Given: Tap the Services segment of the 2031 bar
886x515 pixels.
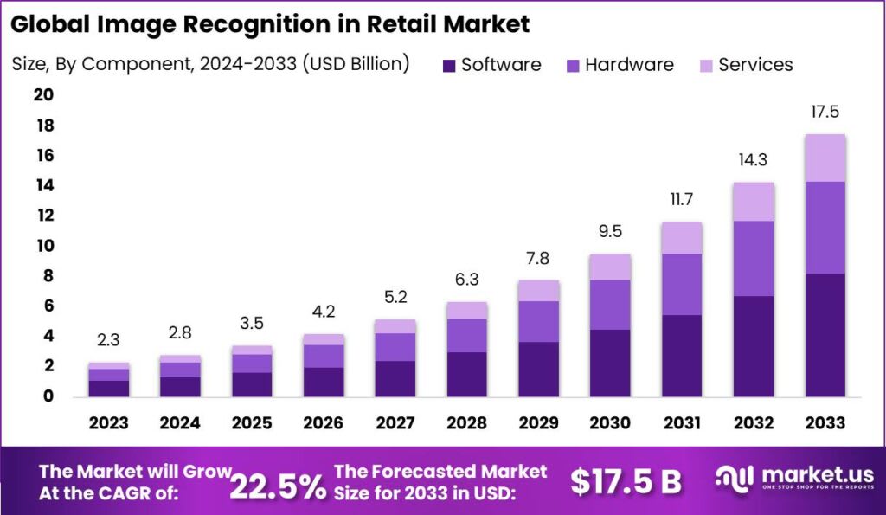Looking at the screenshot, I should pyautogui.click(x=681, y=237).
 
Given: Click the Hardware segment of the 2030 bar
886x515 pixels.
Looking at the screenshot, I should pyautogui.click(x=610, y=305).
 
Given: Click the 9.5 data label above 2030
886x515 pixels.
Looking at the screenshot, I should pyautogui.click(x=610, y=231).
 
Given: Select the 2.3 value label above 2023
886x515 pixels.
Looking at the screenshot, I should pyautogui.click(x=109, y=341).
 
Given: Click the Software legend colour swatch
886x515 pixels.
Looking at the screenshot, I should pyautogui.click(x=448, y=65).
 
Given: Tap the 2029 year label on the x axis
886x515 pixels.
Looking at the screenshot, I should pyautogui.click(x=539, y=422).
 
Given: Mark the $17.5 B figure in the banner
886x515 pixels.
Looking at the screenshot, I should pyautogui.click(x=626, y=481).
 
